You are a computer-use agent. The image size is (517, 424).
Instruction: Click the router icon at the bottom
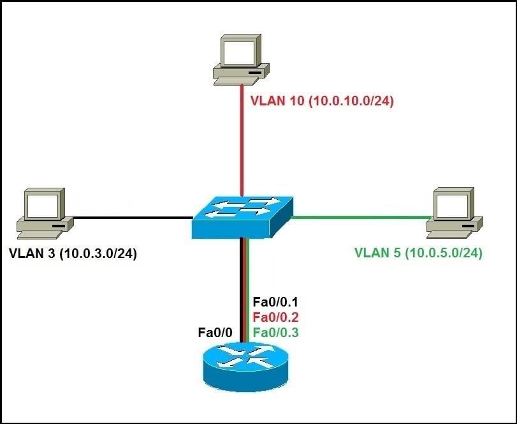click(x=242, y=368)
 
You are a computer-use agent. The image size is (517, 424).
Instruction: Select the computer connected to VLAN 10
click(x=241, y=61)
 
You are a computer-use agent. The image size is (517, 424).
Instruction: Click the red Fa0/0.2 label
click(x=275, y=317)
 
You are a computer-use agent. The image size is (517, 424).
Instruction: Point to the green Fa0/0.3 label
click(x=275, y=332)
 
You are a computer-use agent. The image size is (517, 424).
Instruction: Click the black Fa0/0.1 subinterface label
click(x=275, y=301)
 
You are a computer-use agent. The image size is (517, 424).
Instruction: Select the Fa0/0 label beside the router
click(x=215, y=332)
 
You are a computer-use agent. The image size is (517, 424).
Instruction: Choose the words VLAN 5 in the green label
click(x=376, y=253)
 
